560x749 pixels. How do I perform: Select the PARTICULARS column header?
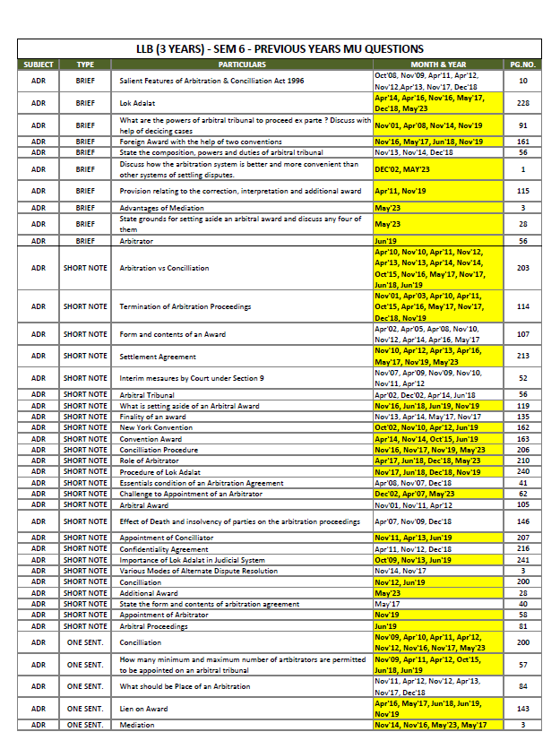coord(242,65)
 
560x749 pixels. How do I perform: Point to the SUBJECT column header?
coord(38,65)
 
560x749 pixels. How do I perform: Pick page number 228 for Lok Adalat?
coord(522,103)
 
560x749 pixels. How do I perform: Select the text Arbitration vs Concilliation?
coord(164,268)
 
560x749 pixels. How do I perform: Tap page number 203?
coord(522,268)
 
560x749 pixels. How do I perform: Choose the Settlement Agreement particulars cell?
coord(158,356)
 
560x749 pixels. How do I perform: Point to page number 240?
coord(522,471)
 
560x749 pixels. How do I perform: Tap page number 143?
coord(522,709)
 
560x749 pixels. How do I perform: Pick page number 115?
coord(522,191)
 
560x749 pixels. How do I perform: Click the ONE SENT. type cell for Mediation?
coord(85,725)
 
